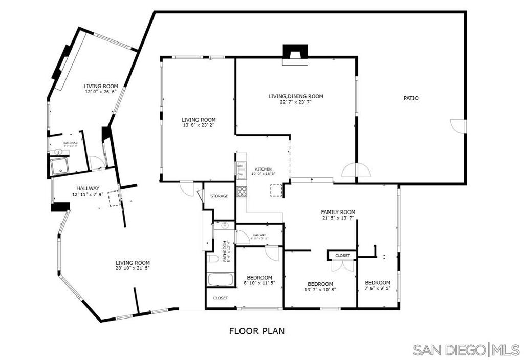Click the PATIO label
[411, 98]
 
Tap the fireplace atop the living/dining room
[296, 54]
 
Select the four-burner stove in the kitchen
[242, 192]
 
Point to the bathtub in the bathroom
[220, 280]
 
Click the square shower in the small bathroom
[61, 166]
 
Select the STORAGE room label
[219, 196]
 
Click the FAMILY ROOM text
[338, 212]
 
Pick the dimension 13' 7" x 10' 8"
[320, 290]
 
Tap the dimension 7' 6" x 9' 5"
[377, 288]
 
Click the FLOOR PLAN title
[256, 331]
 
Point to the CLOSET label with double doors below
[342, 255]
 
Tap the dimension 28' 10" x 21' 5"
[132, 268]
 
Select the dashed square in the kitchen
[276, 190]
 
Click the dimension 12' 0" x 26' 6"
[101, 92]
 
